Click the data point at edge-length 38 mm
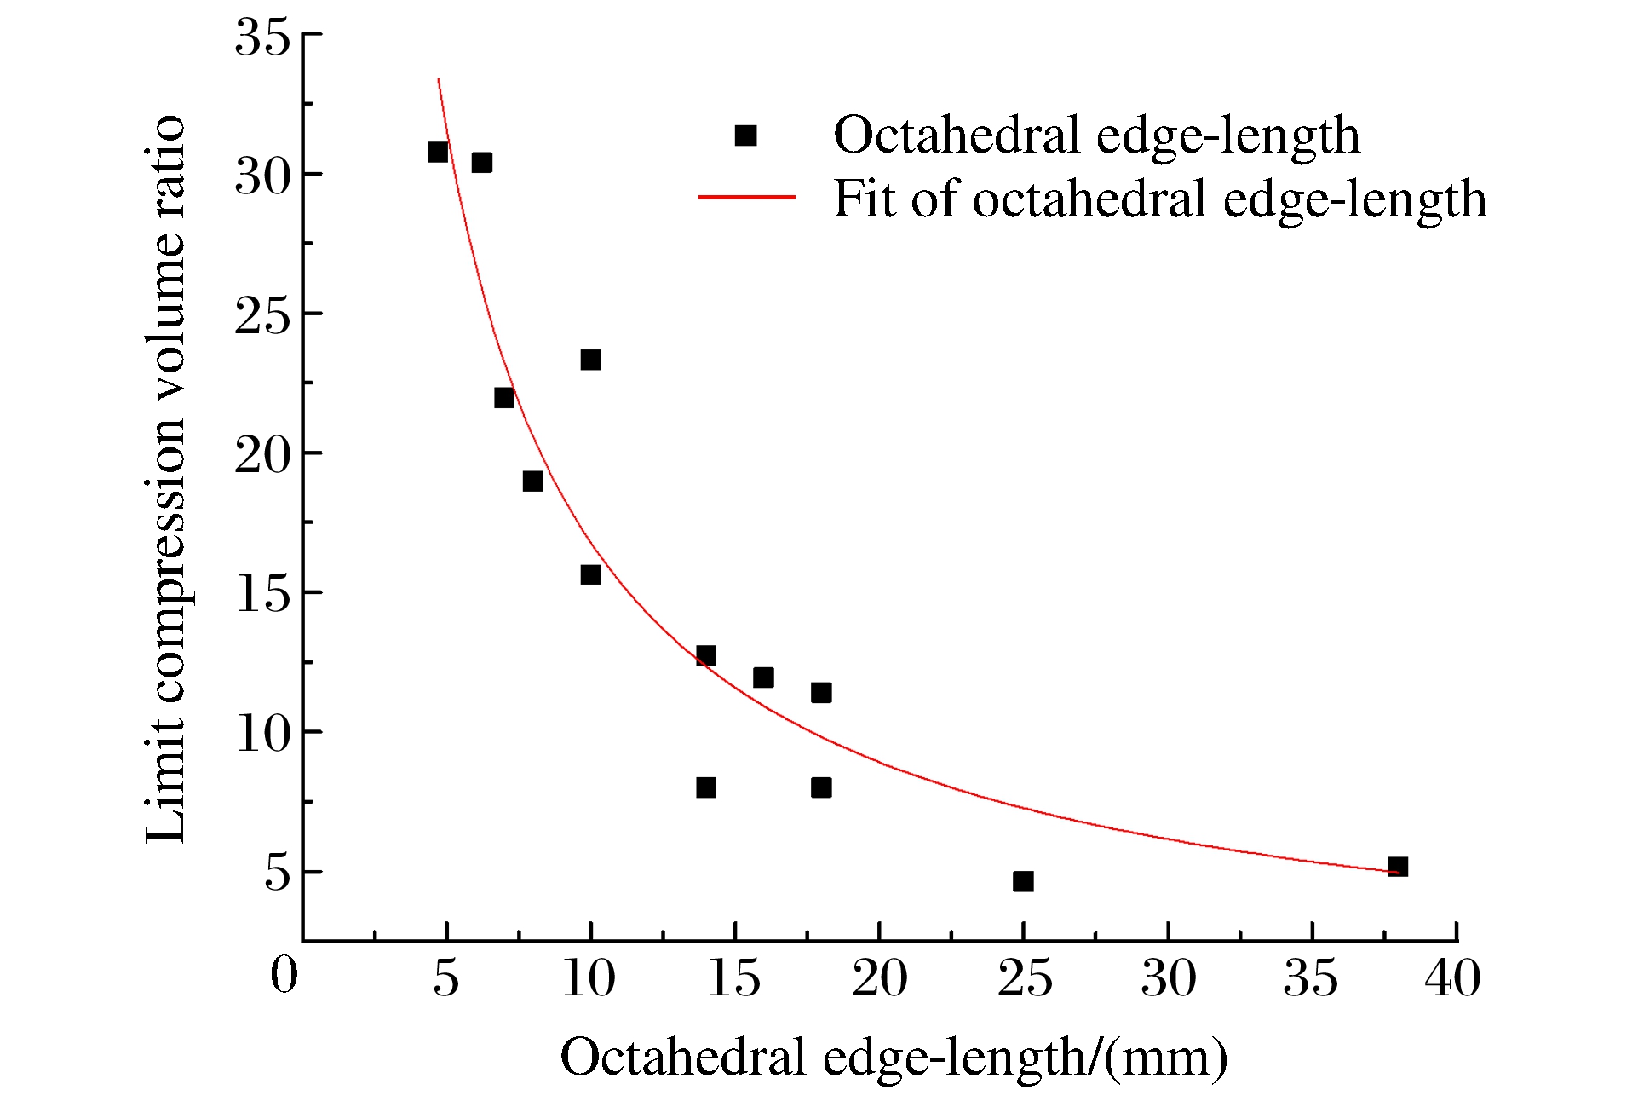coord(1398,867)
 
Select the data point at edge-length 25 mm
coord(1023,881)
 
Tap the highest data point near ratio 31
coord(438,152)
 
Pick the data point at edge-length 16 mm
coord(763,677)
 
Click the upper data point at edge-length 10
coord(590,360)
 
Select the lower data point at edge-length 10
coord(590,574)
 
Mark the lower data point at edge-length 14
coord(705,787)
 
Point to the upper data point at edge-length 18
coord(821,693)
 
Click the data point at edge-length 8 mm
coord(532,481)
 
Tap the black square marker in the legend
coord(745,135)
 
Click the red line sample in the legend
coord(746,198)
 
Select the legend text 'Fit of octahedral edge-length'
coord(1159,199)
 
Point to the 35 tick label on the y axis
coord(262,37)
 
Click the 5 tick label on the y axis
coord(278,873)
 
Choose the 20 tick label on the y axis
coord(262,454)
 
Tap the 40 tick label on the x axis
coord(1453,978)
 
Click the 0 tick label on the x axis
coord(284,976)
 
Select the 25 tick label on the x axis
coord(1024,978)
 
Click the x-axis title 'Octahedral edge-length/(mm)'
coord(894,1058)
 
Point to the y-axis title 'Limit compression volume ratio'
coord(165,479)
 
